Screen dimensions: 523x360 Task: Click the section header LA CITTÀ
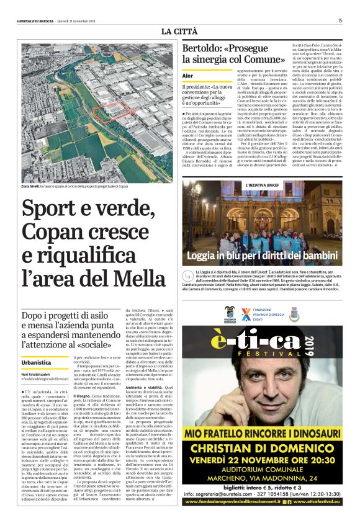179,32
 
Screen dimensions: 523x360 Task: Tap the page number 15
340,20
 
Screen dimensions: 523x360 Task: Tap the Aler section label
187,76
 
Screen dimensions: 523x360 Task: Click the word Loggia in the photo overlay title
207,256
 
